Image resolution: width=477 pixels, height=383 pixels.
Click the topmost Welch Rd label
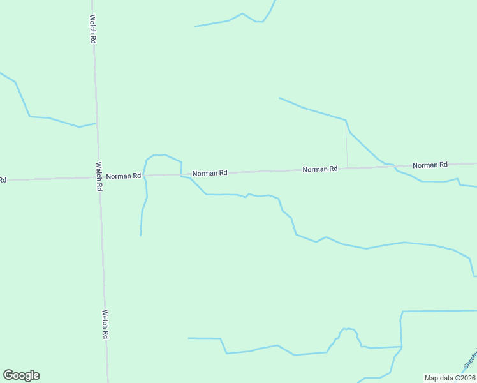[x=93, y=29]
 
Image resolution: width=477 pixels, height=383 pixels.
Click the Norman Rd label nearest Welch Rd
[x=123, y=176]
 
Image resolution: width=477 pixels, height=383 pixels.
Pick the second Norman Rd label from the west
[x=210, y=173]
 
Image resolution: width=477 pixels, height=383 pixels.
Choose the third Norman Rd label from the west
[x=319, y=169]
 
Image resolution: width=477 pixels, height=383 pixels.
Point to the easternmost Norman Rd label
[x=430, y=165]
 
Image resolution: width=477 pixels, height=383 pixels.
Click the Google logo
[x=21, y=375]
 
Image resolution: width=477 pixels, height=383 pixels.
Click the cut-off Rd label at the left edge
[x=3, y=180]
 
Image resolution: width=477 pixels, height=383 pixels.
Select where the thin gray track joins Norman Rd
[x=347, y=168]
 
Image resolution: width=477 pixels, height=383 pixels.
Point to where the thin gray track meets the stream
[x=346, y=120]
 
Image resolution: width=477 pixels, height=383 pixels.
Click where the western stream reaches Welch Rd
[x=96, y=124]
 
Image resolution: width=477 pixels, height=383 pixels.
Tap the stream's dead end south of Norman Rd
[x=140, y=236]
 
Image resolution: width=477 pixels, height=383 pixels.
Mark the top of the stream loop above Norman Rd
[x=159, y=154]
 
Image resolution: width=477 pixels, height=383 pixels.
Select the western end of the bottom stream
[x=189, y=338]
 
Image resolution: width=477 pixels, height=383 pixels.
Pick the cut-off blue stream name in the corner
[x=471, y=361]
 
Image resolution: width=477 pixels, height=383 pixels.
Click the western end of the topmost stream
[x=195, y=27]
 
